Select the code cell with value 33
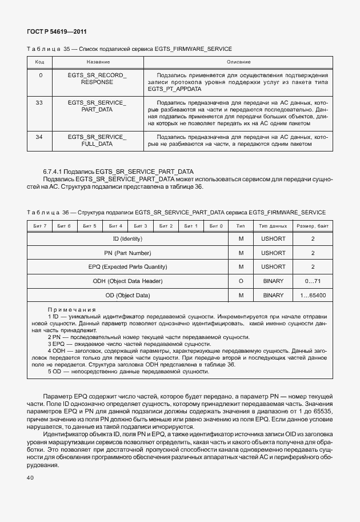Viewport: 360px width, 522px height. point(39,102)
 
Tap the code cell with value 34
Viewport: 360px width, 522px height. point(39,137)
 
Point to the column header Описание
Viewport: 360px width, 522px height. point(238,61)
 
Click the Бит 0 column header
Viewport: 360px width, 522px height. point(215,226)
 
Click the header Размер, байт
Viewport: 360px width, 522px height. point(313,226)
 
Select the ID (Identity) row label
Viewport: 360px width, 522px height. point(127,238)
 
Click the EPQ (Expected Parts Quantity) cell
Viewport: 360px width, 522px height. point(127,266)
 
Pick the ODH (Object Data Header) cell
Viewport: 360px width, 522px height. point(127,281)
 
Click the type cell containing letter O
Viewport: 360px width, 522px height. point(241,281)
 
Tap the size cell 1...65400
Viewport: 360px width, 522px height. point(313,295)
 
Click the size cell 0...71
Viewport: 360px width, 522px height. point(313,281)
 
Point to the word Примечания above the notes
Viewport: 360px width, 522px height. point(71,309)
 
